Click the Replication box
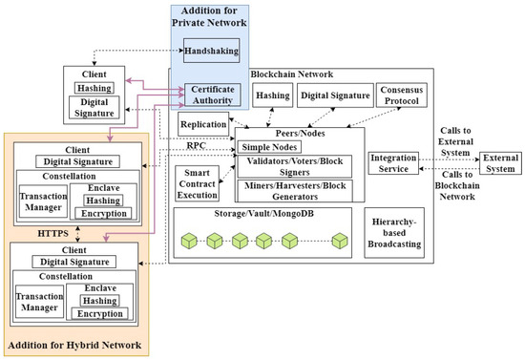click(x=201, y=124)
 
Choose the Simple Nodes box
click(x=270, y=146)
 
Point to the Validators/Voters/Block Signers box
click(x=299, y=165)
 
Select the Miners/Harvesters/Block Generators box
click(x=299, y=190)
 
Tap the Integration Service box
click(x=395, y=162)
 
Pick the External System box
click(x=498, y=162)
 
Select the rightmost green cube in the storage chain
click(x=337, y=239)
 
